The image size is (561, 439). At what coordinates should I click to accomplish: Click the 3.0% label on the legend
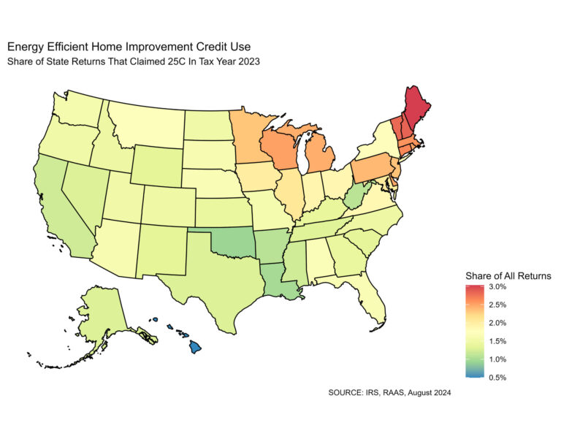[x=499, y=287]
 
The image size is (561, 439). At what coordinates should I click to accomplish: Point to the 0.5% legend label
[x=499, y=377]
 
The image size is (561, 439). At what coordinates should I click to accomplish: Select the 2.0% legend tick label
[x=499, y=323]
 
